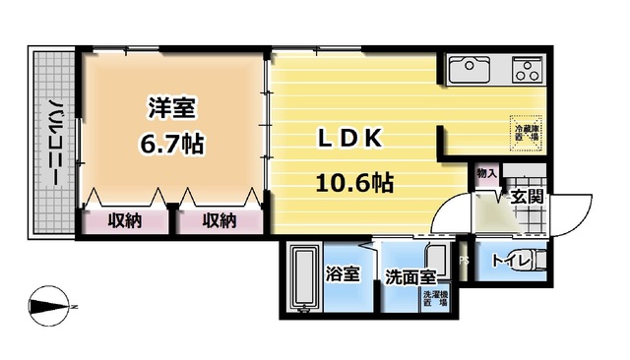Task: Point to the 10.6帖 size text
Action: (x=354, y=183)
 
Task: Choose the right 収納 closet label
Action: (x=220, y=220)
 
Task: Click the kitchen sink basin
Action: (x=471, y=70)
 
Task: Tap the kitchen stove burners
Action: (x=528, y=70)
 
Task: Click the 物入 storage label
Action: (x=486, y=174)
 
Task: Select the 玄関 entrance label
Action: (x=526, y=198)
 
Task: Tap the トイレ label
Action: (x=509, y=262)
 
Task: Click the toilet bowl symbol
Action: (x=535, y=263)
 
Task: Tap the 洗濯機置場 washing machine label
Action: (x=434, y=299)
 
